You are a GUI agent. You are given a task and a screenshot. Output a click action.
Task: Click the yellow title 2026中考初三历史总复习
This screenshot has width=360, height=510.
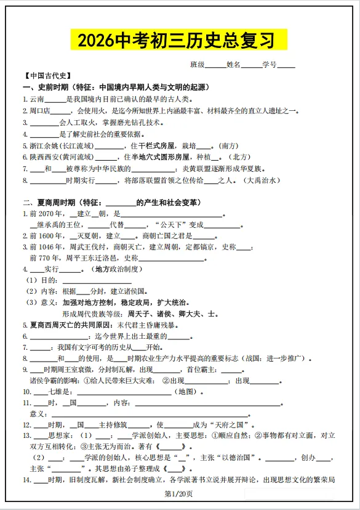tap(180, 40)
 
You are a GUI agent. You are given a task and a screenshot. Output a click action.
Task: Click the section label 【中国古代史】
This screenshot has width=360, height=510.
tap(47, 76)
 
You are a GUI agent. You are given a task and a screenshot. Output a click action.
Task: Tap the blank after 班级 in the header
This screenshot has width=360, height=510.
tap(215, 64)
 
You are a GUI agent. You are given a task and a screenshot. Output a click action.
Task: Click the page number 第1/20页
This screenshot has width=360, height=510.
tap(179, 493)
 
